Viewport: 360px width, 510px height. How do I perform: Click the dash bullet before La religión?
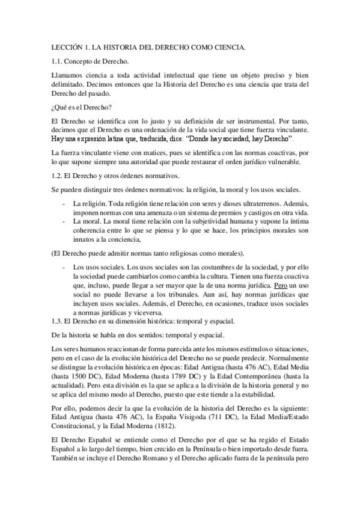[x=65, y=204]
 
